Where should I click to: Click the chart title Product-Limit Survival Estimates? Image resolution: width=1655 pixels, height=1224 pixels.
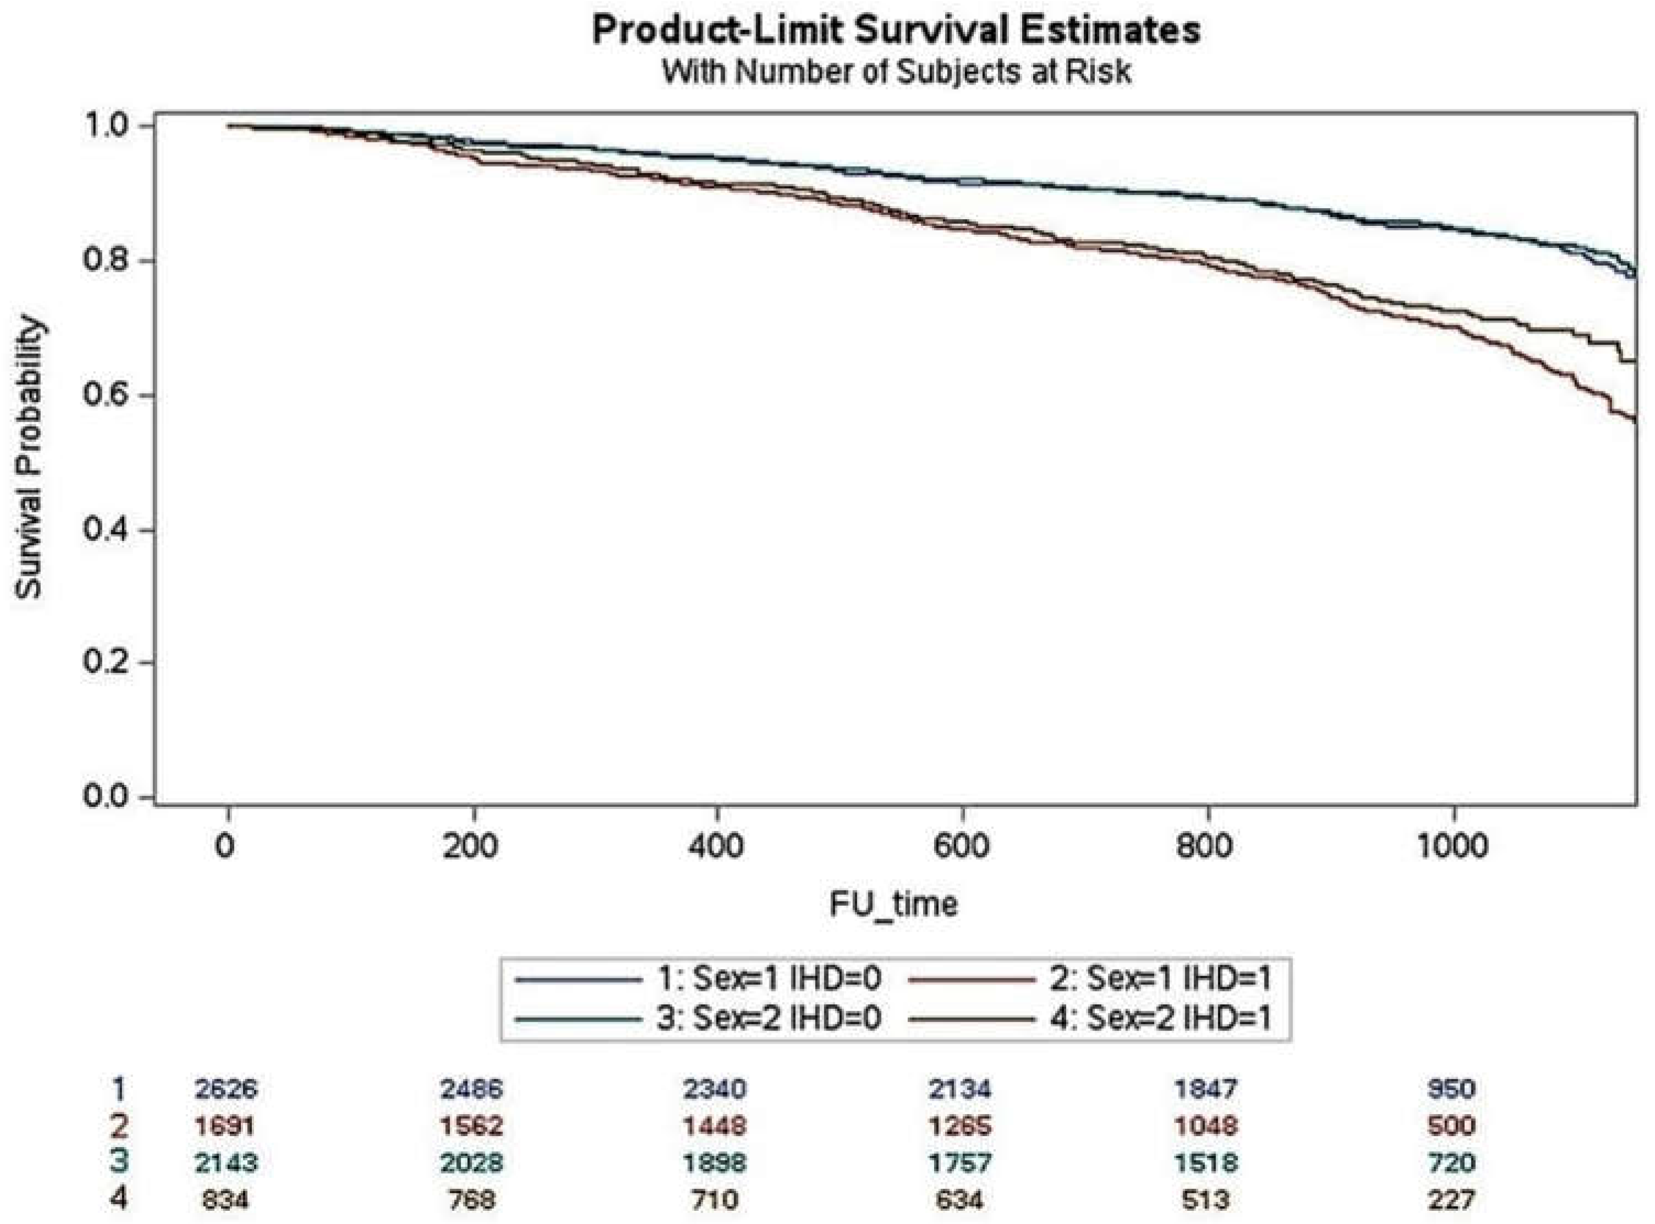[895, 31]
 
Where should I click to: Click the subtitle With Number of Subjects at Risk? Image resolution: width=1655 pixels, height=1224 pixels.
[895, 72]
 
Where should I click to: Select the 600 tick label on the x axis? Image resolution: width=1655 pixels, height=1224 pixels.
[961, 845]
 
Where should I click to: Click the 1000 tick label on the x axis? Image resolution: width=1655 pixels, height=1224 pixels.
[1452, 845]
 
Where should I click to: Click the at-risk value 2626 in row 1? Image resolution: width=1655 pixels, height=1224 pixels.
[226, 1088]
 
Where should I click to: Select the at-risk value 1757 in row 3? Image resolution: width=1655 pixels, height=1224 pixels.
[960, 1162]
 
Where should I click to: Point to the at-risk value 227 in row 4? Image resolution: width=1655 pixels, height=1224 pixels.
[1450, 1198]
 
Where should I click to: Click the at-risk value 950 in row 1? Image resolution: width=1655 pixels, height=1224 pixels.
[1450, 1088]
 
